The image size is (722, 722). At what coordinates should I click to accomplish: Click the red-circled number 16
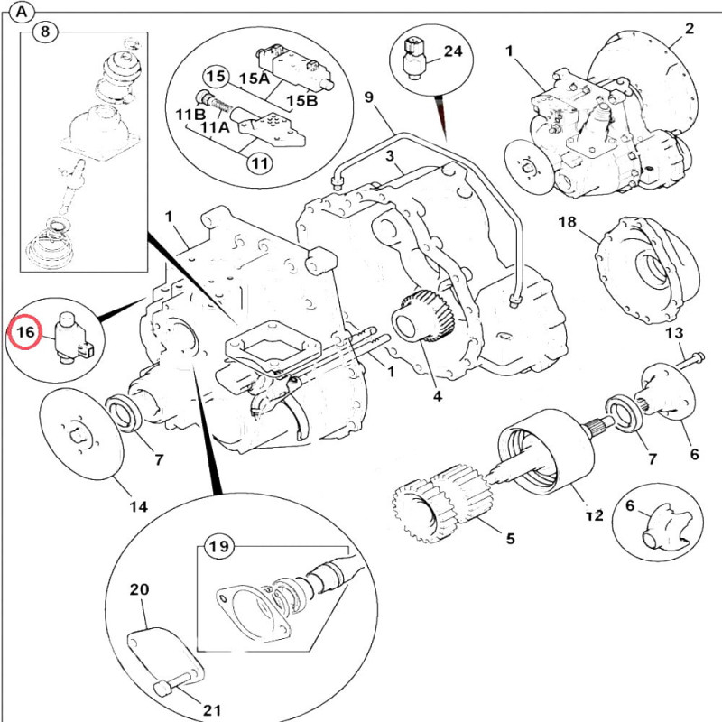pyautogui.click(x=26, y=333)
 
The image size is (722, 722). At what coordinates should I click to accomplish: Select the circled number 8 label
pyautogui.click(x=45, y=32)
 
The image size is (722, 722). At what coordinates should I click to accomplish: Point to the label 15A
pyautogui.click(x=257, y=78)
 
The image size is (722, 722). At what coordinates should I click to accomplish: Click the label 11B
pyautogui.click(x=190, y=114)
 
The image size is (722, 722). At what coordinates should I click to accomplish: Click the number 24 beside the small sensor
pyautogui.click(x=452, y=51)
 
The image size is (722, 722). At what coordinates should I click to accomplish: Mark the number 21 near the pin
pyautogui.click(x=212, y=710)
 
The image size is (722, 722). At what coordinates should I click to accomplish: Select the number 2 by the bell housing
pyautogui.click(x=690, y=29)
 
